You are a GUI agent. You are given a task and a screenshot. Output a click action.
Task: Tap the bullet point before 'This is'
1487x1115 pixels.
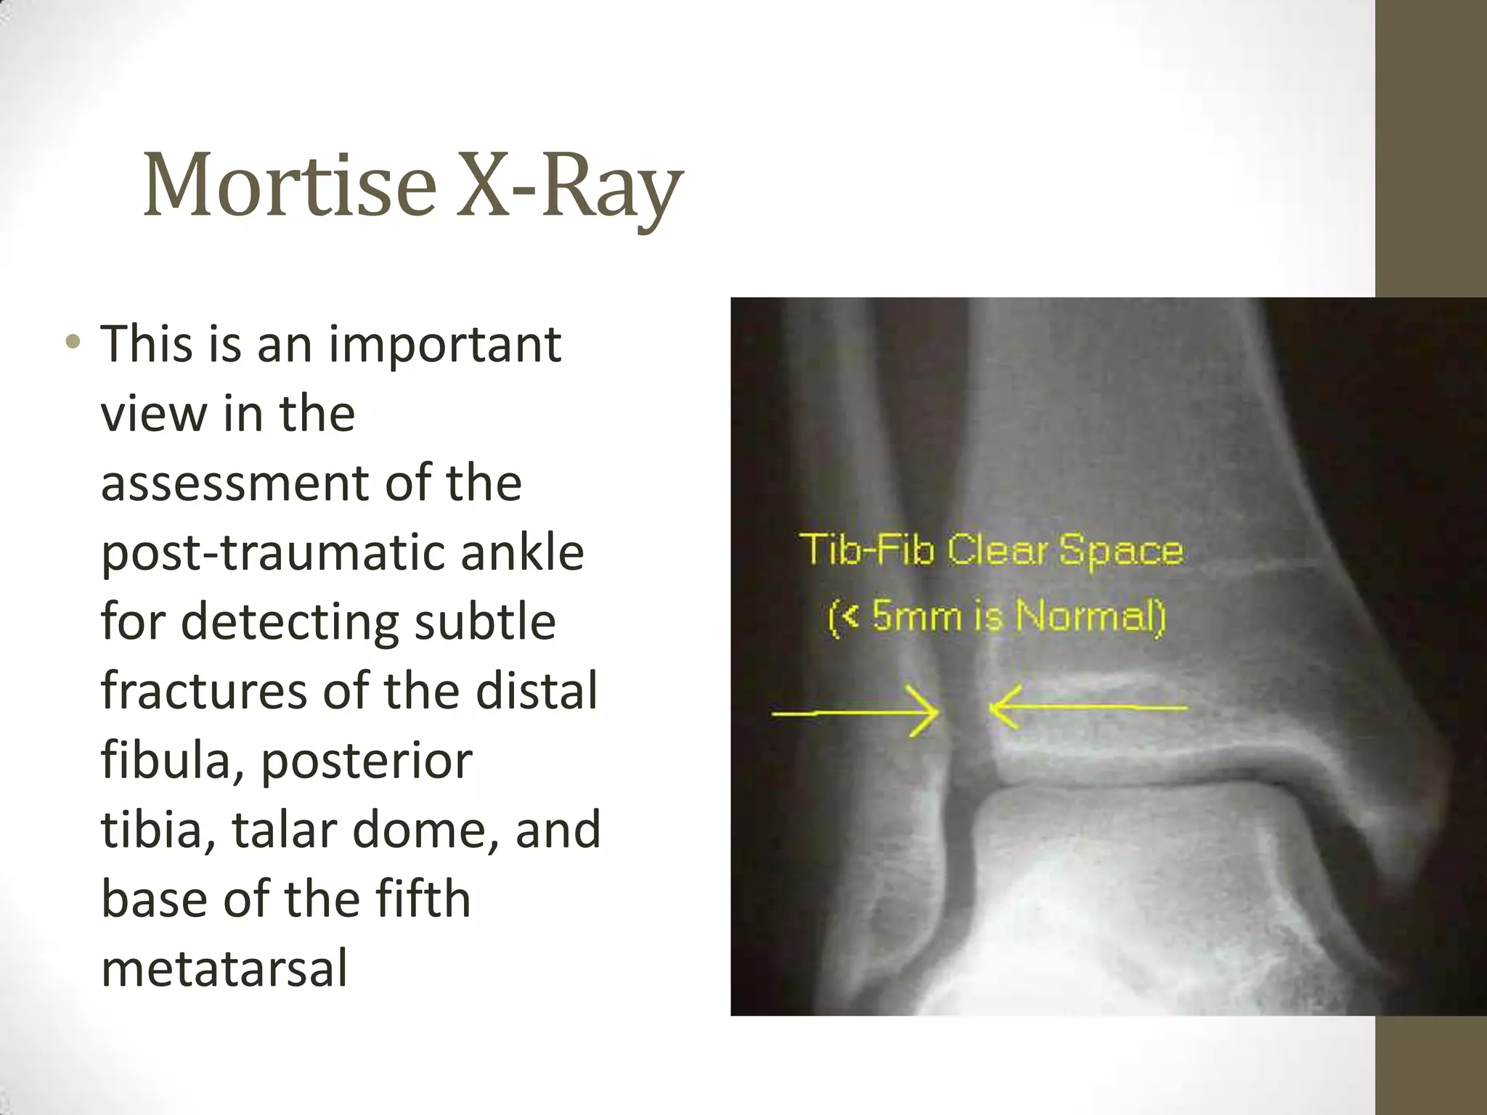point(73,342)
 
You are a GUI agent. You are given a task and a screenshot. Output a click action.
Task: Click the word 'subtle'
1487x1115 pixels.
point(484,621)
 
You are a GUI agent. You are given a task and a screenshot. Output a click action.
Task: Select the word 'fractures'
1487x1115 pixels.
point(204,690)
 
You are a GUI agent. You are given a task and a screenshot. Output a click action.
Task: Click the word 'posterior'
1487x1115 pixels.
point(366,761)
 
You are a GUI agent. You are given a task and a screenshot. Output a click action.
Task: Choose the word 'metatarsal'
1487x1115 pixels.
point(224,968)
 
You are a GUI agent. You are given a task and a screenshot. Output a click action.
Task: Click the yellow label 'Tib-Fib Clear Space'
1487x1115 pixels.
point(992,550)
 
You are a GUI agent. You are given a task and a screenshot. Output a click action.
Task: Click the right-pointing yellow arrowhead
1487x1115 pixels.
point(926,712)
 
